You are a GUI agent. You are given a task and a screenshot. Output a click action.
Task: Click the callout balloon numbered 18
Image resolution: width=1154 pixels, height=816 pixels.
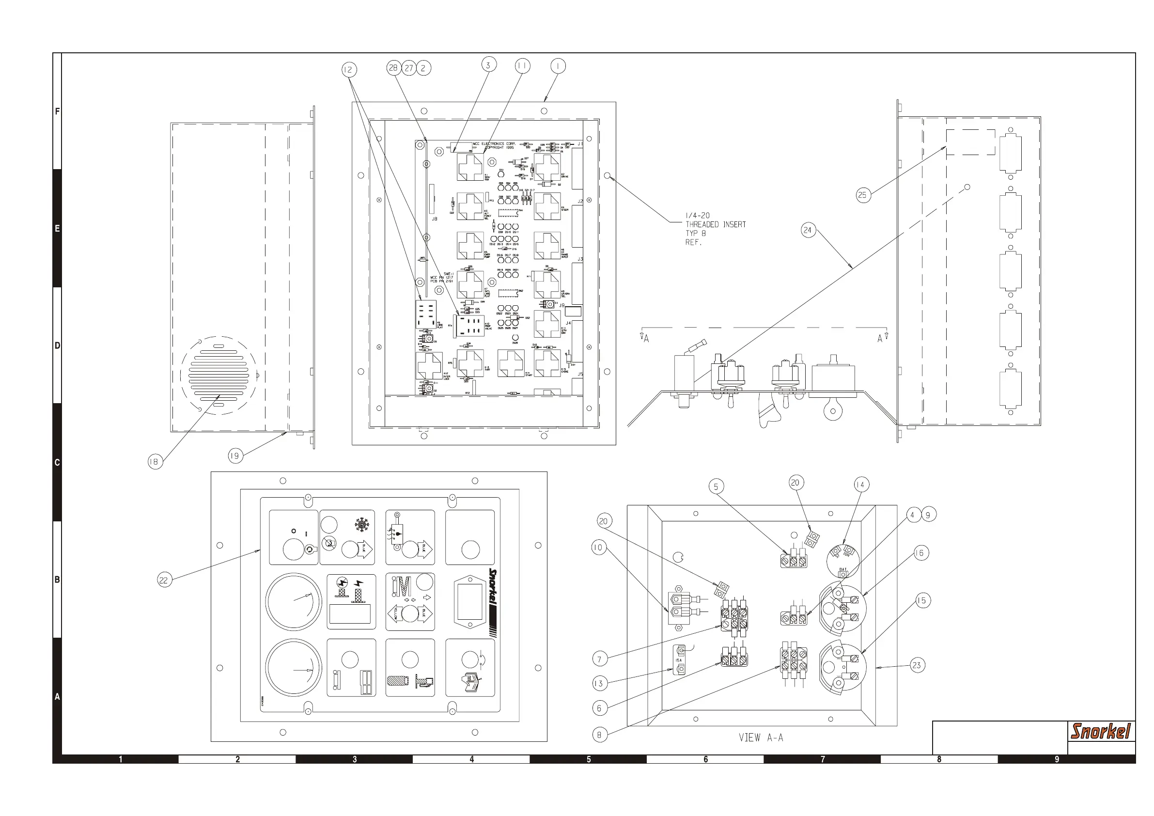pos(155,462)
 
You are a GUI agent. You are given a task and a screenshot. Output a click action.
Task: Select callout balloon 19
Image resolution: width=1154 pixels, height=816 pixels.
pos(234,456)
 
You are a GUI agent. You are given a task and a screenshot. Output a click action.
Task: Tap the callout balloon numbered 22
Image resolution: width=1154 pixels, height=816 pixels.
pos(164,580)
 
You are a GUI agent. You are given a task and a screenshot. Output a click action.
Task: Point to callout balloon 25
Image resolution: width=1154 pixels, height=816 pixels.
pos(863,195)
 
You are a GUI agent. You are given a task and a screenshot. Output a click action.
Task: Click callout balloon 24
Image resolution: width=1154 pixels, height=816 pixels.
pos(808,230)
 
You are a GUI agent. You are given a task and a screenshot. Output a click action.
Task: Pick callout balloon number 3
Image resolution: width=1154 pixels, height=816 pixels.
pos(488,65)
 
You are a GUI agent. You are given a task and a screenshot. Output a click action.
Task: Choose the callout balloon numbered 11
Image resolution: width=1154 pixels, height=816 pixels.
pos(522,66)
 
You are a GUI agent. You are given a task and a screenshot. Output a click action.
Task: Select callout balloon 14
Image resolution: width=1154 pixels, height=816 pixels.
pos(860,485)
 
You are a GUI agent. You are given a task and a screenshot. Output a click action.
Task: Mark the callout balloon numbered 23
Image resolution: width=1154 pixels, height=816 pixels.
pos(917,665)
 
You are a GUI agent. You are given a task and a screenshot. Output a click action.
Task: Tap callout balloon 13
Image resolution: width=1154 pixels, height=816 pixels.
pos(599,683)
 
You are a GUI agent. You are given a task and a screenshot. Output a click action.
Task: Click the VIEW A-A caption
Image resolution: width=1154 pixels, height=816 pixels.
pos(761,738)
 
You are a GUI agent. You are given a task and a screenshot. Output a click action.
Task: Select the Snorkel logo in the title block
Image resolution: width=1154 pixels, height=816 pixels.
pos(1101,731)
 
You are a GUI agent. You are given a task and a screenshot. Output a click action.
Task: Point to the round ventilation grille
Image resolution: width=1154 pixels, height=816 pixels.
pos(218,375)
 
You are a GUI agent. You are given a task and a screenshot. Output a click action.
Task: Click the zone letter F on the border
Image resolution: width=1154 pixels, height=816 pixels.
pos(57,111)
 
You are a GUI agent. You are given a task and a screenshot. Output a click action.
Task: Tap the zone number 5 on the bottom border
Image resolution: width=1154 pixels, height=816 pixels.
pos(589,759)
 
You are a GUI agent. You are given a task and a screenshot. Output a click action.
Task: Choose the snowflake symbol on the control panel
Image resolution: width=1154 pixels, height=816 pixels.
pos(361,525)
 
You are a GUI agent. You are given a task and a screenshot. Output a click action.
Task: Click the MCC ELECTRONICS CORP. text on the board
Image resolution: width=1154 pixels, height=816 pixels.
pos(494,144)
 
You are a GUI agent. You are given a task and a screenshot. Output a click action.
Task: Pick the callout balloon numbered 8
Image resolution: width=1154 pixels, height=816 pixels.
pos(599,735)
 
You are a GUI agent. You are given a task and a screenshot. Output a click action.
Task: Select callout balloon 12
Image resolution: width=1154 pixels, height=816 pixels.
pos(349,69)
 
